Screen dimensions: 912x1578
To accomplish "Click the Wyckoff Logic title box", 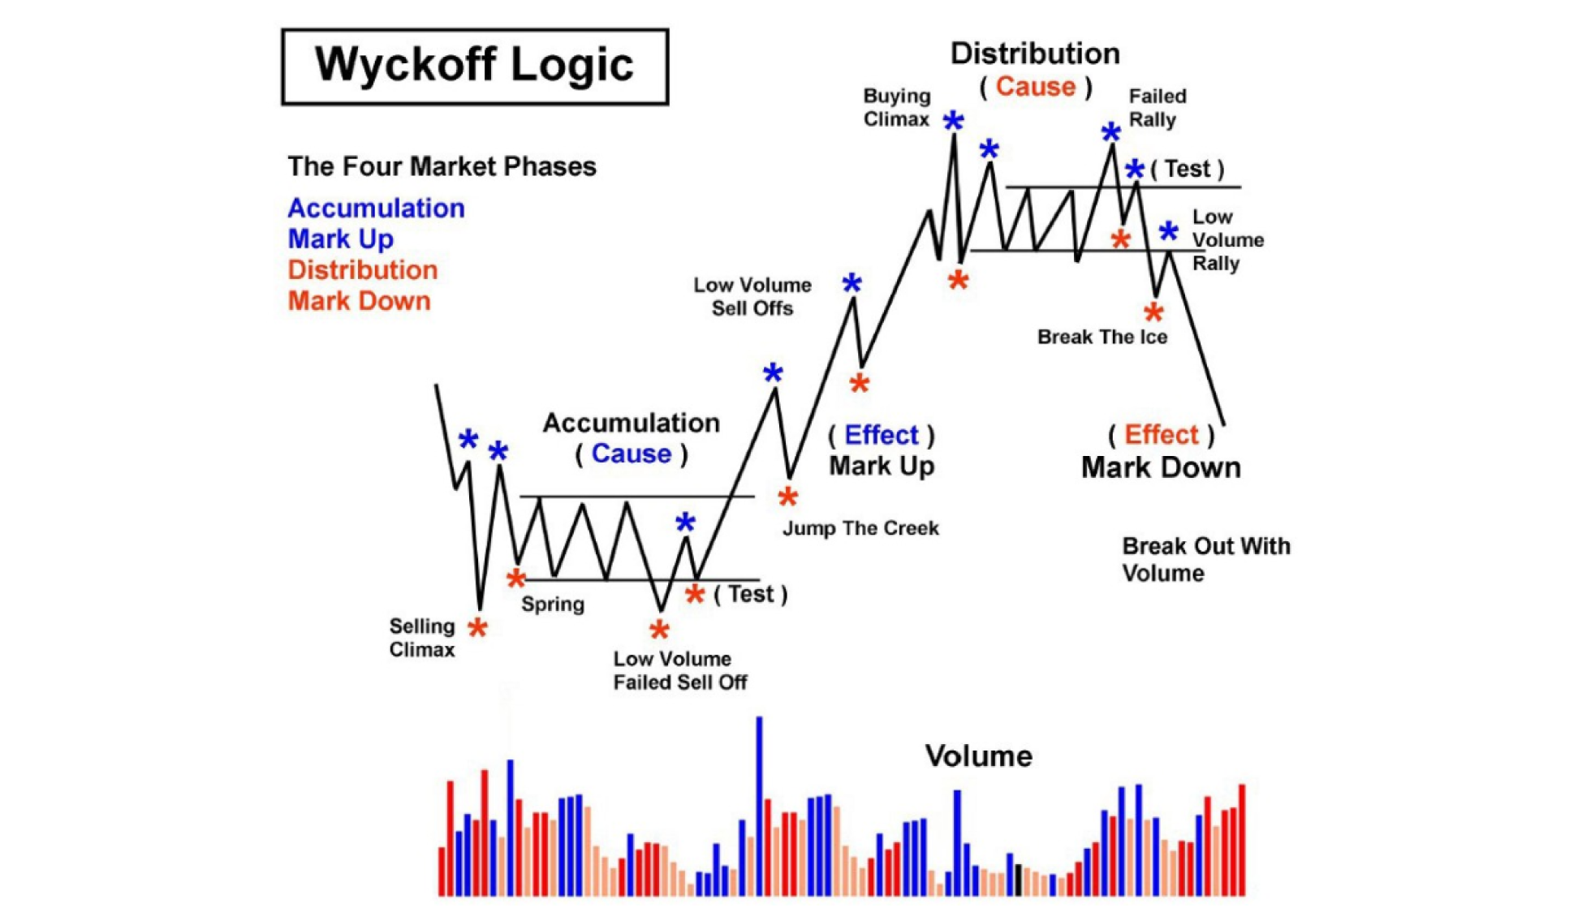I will (475, 67).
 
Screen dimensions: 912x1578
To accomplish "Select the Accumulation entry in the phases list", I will (376, 209).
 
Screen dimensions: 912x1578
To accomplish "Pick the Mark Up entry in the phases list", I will (341, 239).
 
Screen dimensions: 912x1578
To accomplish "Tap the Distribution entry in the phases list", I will (362, 270).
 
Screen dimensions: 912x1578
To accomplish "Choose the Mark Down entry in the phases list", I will (359, 301).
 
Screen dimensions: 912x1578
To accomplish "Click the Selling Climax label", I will (421, 638).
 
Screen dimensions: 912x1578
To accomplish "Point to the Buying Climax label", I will (896, 108).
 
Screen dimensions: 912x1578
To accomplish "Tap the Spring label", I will (552, 604).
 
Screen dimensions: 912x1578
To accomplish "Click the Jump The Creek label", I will (860, 528).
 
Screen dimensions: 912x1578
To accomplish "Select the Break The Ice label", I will (1102, 337).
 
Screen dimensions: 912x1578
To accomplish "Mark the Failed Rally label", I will (1157, 108).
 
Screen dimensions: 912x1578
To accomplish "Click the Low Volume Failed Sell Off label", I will (679, 670).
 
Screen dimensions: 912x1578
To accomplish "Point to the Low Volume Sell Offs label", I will (752, 297).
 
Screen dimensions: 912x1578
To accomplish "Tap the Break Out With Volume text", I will (1205, 560).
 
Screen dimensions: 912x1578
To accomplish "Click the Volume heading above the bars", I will (978, 756).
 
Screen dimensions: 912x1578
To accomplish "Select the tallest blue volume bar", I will (760, 803).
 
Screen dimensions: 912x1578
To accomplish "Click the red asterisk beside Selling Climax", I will (477, 628).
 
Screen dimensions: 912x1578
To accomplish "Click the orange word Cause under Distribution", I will (1035, 87).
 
